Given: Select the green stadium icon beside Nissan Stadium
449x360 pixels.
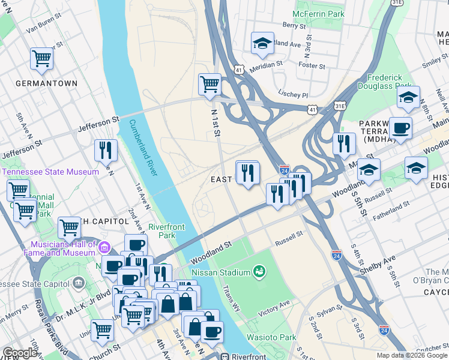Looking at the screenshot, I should coord(259,272).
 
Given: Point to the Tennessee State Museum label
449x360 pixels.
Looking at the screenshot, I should coord(50,172).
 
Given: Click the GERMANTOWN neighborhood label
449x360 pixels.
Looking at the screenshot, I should coord(46,83).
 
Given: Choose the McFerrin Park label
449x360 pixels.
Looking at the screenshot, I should coord(319,13).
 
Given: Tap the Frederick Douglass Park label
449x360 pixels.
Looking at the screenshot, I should coord(384,82).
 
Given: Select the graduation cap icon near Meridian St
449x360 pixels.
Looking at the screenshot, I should coord(262,43).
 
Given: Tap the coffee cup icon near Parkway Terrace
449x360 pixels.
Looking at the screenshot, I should coord(400,127).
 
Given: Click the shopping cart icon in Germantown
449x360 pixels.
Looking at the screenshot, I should coord(41,58).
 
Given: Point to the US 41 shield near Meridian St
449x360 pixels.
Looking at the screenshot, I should coord(239,71).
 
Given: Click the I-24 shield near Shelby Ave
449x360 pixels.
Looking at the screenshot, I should coord(337,256).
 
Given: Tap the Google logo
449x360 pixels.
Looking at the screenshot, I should coord(20,353).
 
